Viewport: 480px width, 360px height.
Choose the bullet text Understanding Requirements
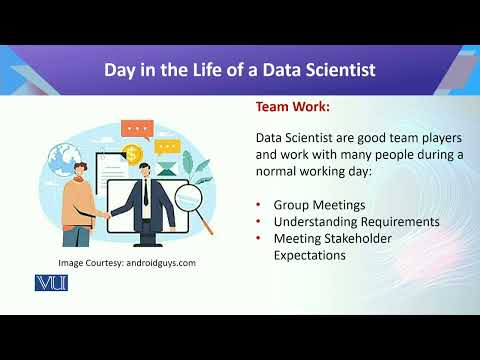356,221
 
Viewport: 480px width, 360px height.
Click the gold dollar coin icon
132,154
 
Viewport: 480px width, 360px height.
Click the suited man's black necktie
146,193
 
